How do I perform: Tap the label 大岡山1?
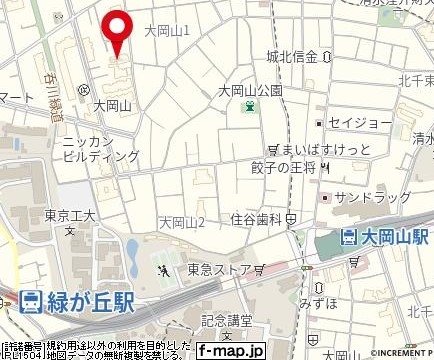click(x=167, y=32)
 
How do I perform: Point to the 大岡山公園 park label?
click(x=251, y=89)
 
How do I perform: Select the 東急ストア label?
click(x=215, y=269)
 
